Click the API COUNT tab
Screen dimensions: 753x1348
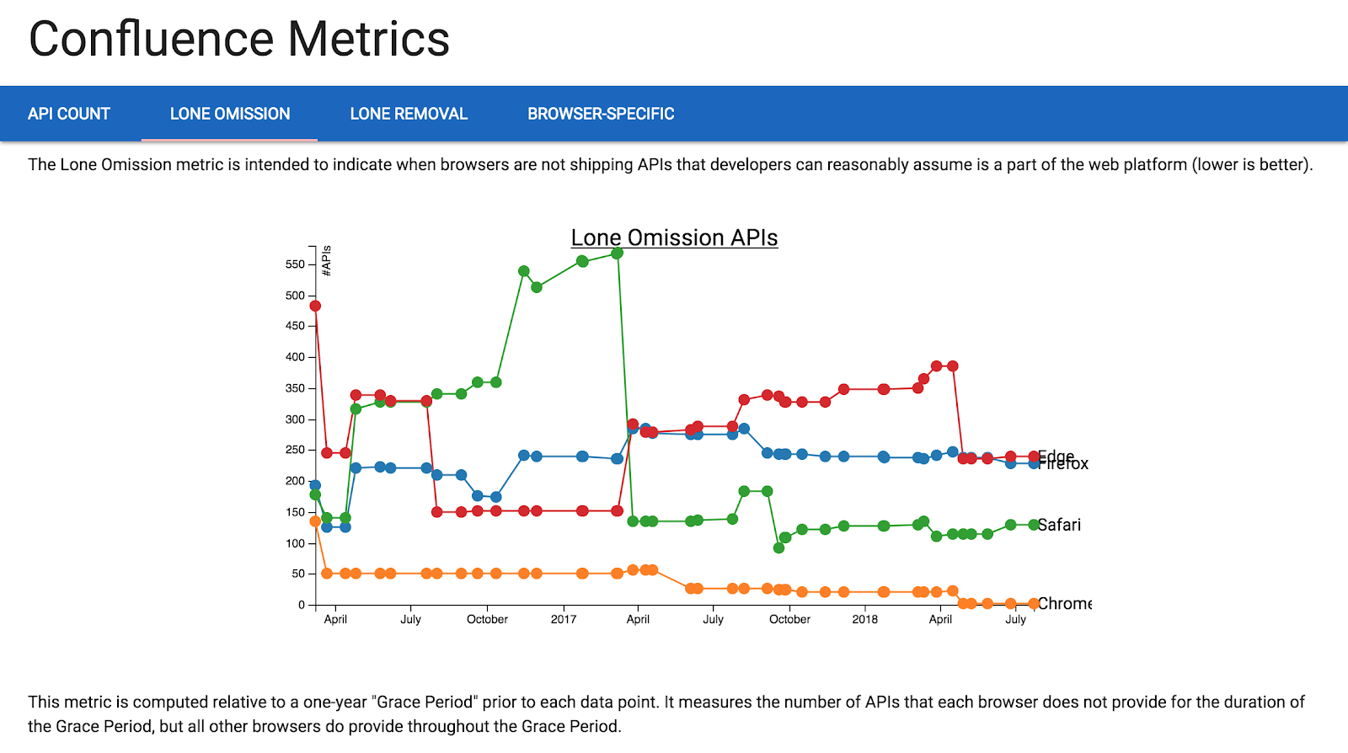(x=69, y=114)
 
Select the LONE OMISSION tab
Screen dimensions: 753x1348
(x=230, y=114)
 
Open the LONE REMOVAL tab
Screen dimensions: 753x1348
(x=409, y=114)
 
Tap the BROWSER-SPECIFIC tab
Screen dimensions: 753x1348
(x=601, y=114)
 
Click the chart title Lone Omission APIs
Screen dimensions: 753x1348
(x=674, y=238)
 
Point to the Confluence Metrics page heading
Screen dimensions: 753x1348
(x=239, y=40)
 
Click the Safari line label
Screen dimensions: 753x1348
(x=1059, y=525)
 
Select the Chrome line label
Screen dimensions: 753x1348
(x=1064, y=603)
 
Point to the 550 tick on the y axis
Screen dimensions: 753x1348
(x=295, y=264)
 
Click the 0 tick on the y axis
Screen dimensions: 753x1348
(x=301, y=605)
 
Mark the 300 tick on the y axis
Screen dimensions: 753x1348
(x=295, y=419)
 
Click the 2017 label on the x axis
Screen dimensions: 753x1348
(x=564, y=619)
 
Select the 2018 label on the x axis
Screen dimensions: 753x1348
(x=864, y=619)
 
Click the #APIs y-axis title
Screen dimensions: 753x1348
(x=327, y=260)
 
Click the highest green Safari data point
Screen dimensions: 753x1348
(x=617, y=253)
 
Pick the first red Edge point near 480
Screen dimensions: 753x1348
(x=315, y=306)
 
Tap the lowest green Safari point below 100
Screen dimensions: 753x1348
(x=778, y=547)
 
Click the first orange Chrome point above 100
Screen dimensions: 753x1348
(x=315, y=521)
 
